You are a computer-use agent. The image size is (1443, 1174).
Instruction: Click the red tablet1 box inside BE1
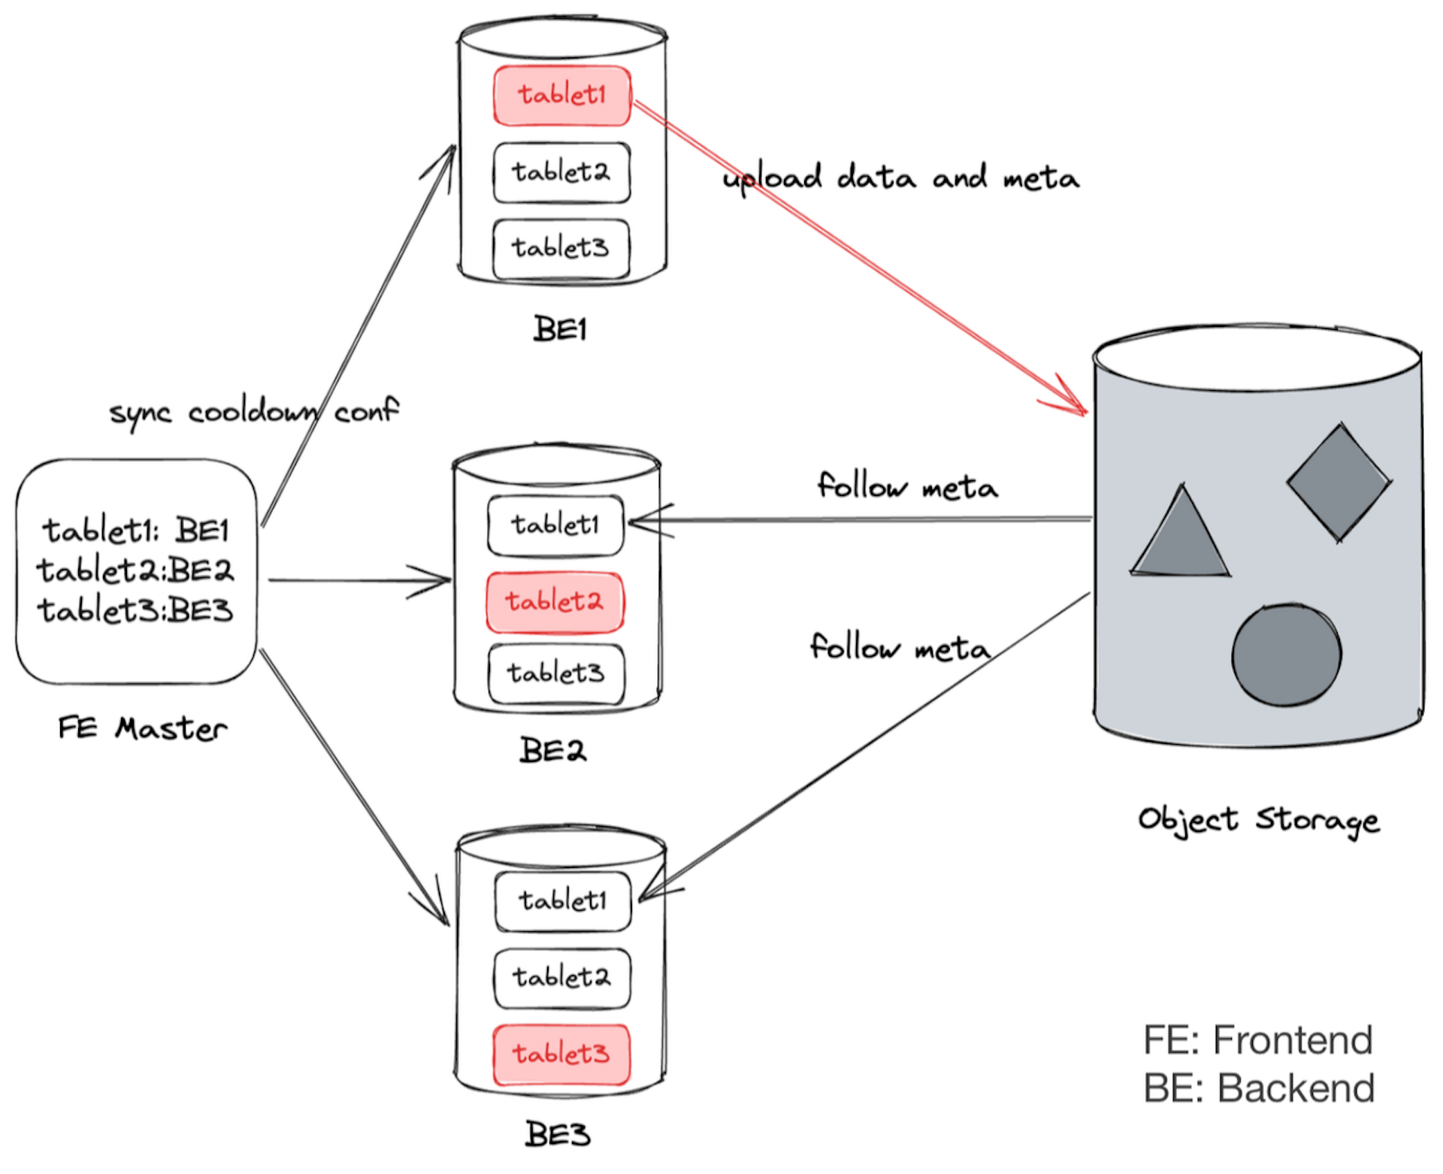pos(561,95)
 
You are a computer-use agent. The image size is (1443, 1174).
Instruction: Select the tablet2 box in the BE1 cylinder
pos(561,172)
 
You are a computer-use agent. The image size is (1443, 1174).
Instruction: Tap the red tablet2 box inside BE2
pos(555,602)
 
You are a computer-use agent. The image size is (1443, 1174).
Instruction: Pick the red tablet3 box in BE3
pos(561,1054)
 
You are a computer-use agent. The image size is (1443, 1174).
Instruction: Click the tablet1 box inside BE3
pos(562,900)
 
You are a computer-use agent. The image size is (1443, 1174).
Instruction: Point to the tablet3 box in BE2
pos(556,673)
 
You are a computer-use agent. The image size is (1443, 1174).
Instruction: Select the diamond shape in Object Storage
pos(1339,482)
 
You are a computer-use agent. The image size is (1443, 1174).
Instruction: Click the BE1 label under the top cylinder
pos(560,329)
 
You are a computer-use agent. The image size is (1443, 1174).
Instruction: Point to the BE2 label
pos(552,750)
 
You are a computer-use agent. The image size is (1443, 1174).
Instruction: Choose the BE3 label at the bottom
pos(557,1134)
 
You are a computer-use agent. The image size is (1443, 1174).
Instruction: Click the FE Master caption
pos(142,728)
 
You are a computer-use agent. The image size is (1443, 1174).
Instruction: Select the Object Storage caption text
pos(1259,820)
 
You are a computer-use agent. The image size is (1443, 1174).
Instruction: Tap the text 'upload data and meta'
pos(901,178)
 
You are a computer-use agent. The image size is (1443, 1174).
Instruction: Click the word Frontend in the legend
pos(1293,1040)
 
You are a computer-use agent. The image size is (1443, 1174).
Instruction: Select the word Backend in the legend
pos(1296,1088)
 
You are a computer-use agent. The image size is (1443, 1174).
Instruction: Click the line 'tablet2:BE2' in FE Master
pos(135,570)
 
